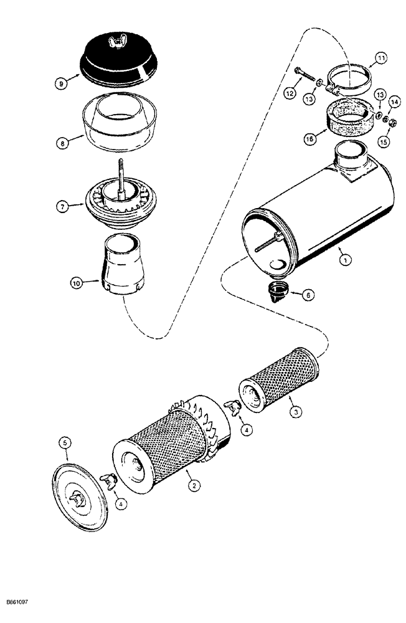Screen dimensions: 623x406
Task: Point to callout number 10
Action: pos(76,283)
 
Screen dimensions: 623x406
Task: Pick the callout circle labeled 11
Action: pos(380,60)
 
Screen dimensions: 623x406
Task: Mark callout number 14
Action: pos(394,102)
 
